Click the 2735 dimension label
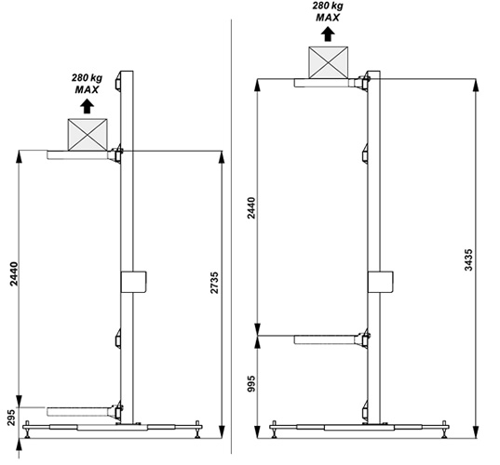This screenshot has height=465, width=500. click(x=214, y=283)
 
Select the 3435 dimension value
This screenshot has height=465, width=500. click(x=468, y=259)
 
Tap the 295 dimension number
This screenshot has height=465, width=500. click(x=11, y=418)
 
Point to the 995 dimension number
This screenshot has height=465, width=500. click(x=251, y=383)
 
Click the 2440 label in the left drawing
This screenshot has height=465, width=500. click(x=14, y=274)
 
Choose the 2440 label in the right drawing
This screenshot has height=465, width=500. click(x=251, y=208)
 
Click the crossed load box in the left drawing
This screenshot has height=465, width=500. click(x=88, y=135)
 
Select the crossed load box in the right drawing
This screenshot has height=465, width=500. click(x=328, y=62)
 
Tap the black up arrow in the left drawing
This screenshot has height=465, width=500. click(x=87, y=106)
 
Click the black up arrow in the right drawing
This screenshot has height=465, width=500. click(x=328, y=34)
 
